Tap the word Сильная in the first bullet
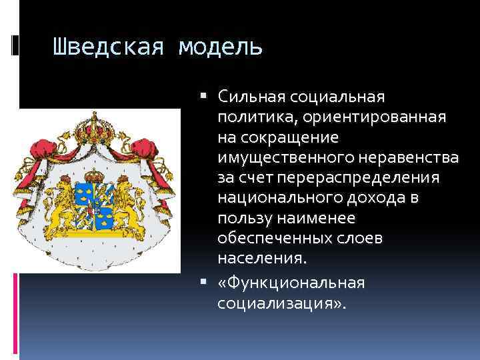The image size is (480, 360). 251,97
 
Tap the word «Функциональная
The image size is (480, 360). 291,283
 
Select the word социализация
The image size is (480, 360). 278,303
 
